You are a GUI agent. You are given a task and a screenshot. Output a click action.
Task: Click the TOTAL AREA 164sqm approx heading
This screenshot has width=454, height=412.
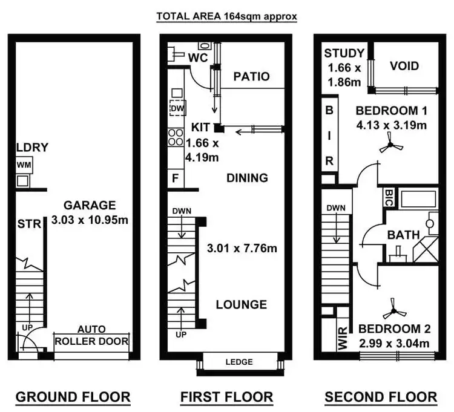pyautogui.click(x=227, y=16)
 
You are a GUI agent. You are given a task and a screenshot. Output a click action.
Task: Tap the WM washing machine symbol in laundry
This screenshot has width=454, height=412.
pyautogui.click(x=24, y=165)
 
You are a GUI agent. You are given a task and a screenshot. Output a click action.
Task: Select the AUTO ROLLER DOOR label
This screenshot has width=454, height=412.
pyautogui.click(x=91, y=336)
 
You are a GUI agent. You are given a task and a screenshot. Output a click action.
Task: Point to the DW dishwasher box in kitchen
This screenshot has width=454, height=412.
pyautogui.click(x=177, y=109)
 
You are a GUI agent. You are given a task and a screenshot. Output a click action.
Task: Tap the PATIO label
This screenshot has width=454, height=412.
pyautogui.click(x=251, y=77)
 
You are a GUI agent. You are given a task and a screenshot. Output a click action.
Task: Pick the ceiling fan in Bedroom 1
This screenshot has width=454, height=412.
pyautogui.click(x=389, y=146)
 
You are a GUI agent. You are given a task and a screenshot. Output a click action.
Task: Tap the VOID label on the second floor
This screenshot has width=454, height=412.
pyautogui.click(x=404, y=65)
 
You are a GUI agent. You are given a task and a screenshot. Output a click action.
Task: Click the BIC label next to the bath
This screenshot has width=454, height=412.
pyautogui.click(x=389, y=197)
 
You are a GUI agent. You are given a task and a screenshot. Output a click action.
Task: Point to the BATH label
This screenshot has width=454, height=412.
pyautogui.click(x=404, y=234)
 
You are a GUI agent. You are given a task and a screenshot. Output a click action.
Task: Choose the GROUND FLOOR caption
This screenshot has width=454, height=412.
pyautogui.click(x=73, y=397)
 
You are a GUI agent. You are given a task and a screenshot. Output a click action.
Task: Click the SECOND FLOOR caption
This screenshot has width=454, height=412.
pyautogui.click(x=381, y=397)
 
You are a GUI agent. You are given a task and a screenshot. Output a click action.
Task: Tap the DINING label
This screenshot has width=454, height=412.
pyautogui.click(x=247, y=178)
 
